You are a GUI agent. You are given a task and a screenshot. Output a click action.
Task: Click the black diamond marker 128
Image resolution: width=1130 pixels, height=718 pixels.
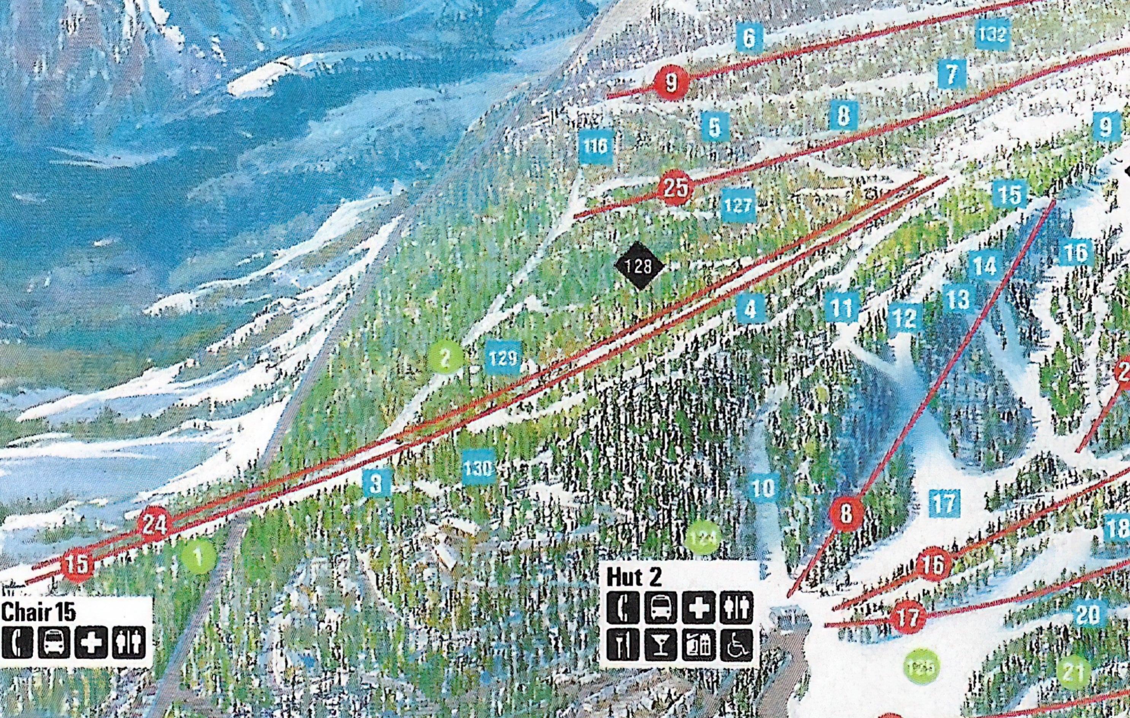point(639,266)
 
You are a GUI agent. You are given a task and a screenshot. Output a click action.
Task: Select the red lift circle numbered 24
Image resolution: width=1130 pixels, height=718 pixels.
point(154,524)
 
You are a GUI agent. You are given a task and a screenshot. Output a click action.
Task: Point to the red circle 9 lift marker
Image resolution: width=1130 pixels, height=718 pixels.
point(672,83)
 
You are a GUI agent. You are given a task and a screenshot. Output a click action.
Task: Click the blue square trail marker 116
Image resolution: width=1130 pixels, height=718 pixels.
point(596,146)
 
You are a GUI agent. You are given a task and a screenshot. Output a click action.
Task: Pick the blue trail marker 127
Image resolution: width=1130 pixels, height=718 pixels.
point(738,205)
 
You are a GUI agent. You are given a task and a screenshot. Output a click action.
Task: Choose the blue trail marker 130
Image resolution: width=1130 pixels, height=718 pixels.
point(478,467)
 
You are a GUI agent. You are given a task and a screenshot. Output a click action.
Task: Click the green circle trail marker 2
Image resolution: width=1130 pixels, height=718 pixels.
point(445,357)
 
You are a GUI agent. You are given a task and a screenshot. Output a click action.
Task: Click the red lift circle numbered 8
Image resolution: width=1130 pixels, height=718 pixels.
point(846,514)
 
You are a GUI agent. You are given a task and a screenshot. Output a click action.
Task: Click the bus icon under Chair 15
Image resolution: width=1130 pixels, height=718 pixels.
point(54,642)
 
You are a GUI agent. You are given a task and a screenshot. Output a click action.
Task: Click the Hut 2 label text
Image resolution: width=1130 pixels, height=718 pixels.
point(634,577)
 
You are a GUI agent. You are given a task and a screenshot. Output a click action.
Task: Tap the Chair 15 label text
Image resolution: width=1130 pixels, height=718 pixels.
point(38,612)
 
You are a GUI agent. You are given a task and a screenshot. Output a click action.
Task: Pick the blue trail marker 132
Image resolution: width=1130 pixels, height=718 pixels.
point(992,34)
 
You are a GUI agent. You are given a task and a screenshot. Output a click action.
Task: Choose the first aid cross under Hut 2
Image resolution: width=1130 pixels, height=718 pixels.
point(698,607)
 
